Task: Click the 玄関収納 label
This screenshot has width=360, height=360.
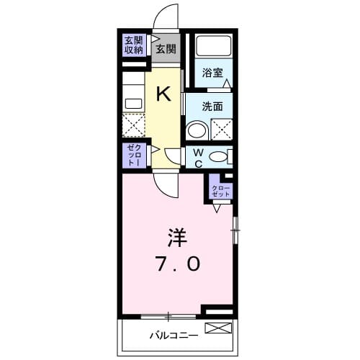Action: coord(132,45)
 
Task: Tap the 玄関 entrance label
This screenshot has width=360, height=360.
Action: coord(166,49)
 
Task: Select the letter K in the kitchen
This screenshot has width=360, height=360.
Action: coord(164,93)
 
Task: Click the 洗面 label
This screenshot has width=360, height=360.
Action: coord(212,106)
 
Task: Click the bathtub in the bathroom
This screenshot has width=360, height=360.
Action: coord(213,48)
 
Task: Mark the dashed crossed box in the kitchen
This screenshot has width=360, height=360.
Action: coord(133,126)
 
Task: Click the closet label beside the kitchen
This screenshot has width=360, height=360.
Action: coord(132,155)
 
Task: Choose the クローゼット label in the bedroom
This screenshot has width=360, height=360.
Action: coord(220,192)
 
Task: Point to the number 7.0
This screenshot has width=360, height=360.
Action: coord(176,264)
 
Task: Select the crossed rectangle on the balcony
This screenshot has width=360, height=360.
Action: coord(219,329)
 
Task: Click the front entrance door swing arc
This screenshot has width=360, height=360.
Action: coord(167,18)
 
